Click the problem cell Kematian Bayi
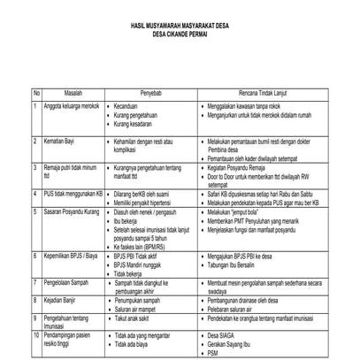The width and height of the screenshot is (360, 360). pos(59,140)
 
